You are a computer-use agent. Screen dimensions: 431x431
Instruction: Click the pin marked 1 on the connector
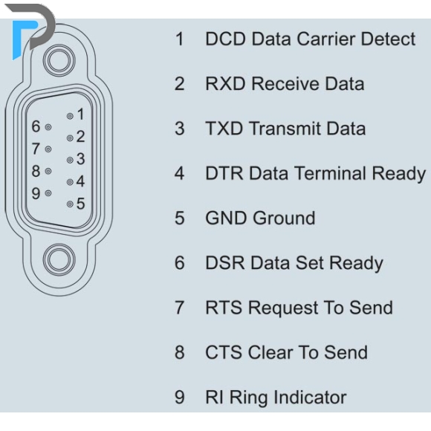pos(70,116)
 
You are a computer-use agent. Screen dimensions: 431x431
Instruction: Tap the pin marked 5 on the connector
pos(70,204)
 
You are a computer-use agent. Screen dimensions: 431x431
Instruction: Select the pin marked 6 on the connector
pos(48,127)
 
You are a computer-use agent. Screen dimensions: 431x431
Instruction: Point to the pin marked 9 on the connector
pos(48,193)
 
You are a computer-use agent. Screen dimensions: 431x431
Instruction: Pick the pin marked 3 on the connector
pos(70,160)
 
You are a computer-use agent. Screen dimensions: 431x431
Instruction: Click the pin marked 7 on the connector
pos(48,149)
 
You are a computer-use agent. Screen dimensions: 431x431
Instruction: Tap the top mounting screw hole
pos(59,61)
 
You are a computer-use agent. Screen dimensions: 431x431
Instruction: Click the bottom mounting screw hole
pos(59,260)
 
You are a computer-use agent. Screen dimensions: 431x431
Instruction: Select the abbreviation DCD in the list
pos(225,39)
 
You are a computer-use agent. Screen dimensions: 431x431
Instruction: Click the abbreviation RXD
pos(225,84)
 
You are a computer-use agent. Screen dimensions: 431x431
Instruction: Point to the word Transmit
pos(285,129)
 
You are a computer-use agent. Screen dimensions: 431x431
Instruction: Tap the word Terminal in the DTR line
pos(330,173)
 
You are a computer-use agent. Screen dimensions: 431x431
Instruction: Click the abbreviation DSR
pos(225,263)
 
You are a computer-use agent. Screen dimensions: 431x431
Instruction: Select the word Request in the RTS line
pos(283,308)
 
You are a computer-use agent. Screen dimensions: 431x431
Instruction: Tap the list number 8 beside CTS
pos(180,353)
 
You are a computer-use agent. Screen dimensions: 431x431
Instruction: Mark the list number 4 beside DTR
pos(180,173)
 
